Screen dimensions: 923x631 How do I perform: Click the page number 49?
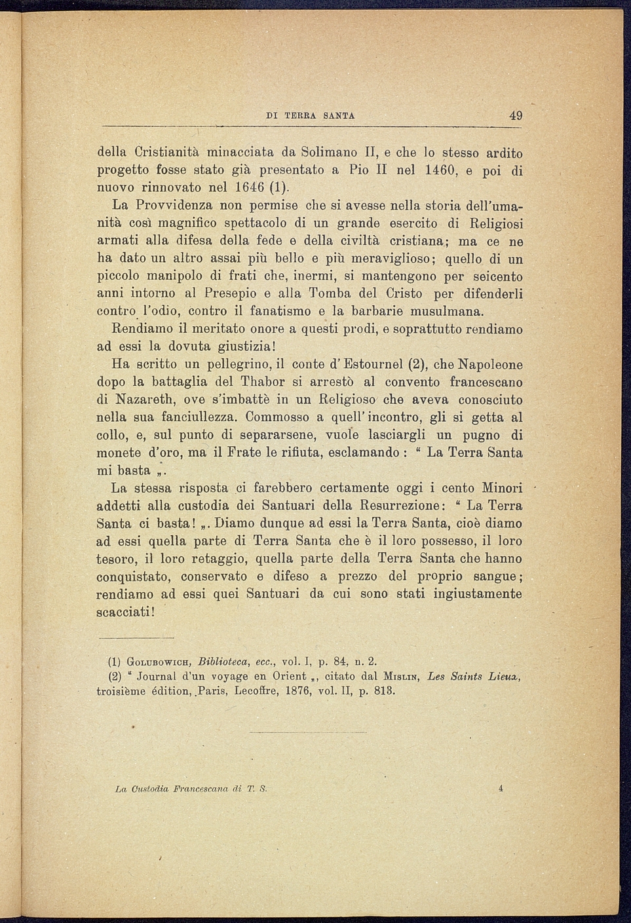[516, 116]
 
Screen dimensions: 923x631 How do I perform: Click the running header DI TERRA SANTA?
[311, 116]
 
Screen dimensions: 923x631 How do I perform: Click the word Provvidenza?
[174, 206]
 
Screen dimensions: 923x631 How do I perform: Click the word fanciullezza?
[201, 417]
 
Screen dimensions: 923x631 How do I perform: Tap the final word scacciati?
[124, 612]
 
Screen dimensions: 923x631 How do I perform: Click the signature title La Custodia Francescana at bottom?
[174, 789]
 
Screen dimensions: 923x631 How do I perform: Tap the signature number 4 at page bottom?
[501, 789]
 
